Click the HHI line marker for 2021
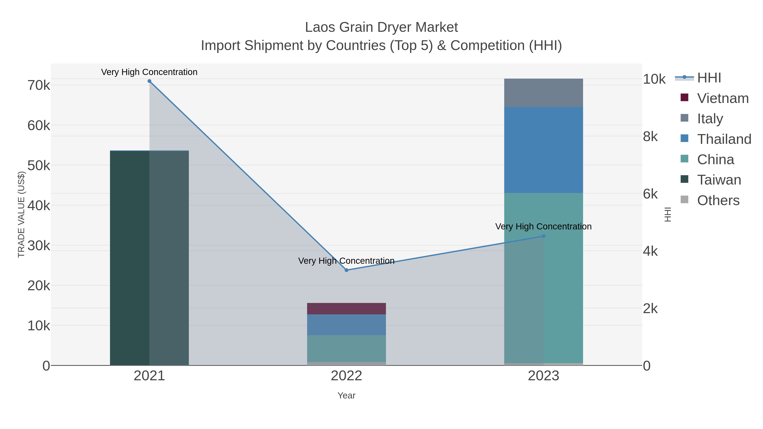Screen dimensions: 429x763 pyautogui.click(x=149, y=81)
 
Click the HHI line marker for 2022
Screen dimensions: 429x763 pyautogui.click(x=346, y=270)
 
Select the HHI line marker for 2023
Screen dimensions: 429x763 pyautogui.click(x=543, y=236)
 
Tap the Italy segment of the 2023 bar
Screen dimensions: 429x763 pyautogui.click(x=543, y=93)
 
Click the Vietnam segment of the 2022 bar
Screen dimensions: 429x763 pyautogui.click(x=346, y=308)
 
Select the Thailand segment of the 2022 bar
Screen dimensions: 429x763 pyautogui.click(x=346, y=325)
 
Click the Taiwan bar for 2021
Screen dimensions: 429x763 pyautogui.click(x=149, y=258)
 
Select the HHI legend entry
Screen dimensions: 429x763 pyautogui.click(x=709, y=78)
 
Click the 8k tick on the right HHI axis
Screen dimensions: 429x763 pyautogui.click(x=650, y=137)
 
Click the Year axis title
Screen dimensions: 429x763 pyautogui.click(x=346, y=396)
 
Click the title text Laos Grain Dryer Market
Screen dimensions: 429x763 pyautogui.click(x=381, y=27)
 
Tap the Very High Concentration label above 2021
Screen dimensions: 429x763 pyautogui.click(x=149, y=72)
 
